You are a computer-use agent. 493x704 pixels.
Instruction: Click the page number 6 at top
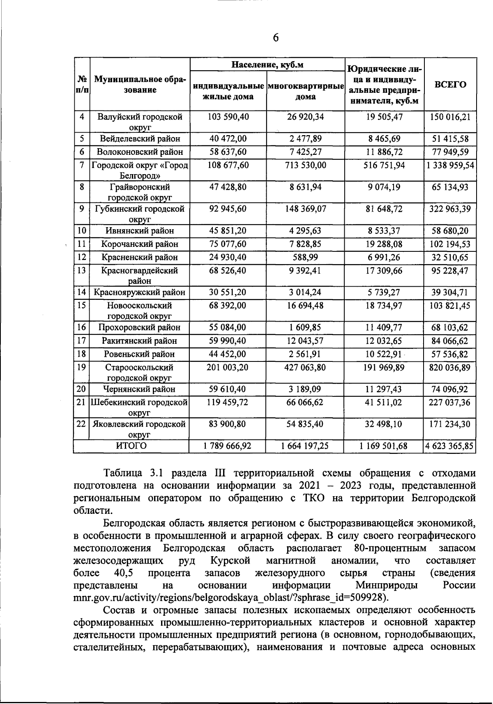pos(276,38)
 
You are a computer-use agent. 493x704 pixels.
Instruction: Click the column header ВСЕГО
pos(450,85)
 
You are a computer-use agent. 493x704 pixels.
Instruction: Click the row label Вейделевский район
pos(140,139)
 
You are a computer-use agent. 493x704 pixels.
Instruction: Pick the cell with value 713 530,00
pos(305,165)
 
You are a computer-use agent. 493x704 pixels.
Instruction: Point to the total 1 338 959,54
pos(450,165)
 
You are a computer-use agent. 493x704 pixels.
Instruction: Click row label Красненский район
pos(140,258)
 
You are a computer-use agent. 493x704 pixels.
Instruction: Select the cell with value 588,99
pos(305,258)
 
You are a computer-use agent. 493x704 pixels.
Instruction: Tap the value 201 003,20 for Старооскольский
pos(228,368)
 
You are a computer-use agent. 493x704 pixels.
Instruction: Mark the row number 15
pos(82,306)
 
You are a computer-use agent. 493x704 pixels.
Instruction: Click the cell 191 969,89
pos(384,368)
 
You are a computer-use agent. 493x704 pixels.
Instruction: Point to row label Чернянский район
pos(140,389)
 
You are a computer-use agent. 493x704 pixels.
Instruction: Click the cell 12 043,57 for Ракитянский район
pos(305,341)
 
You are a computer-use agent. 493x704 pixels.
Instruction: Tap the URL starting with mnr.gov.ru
pos(230,597)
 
